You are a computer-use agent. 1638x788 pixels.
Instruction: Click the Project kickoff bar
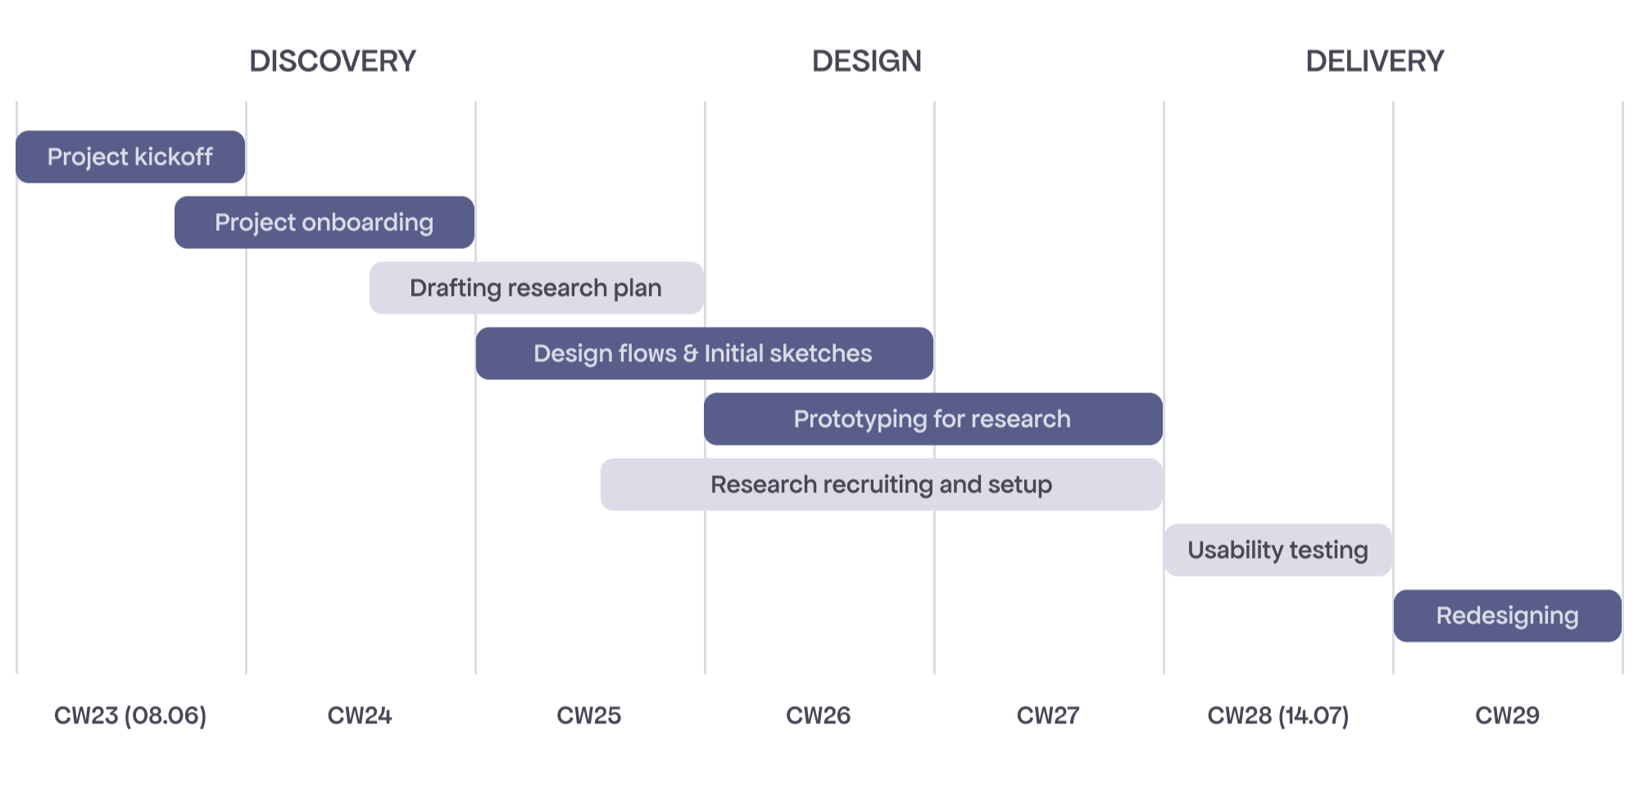click(x=130, y=156)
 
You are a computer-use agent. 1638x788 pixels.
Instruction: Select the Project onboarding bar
click(x=324, y=222)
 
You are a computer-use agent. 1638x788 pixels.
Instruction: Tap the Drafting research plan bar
click(x=537, y=288)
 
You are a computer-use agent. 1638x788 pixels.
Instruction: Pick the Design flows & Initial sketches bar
click(x=704, y=353)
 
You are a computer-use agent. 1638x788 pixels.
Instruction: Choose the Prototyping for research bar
click(x=932, y=419)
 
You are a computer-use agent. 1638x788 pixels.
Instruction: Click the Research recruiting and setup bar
click(x=881, y=484)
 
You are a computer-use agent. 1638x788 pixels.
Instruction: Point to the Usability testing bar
click(x=1277, y=550)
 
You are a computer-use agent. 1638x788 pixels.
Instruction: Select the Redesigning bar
click(x=1507, y=615)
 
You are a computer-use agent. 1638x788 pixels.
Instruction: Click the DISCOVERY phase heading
click(x=333, y=61)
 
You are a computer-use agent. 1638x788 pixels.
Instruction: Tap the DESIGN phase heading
click(x=867, y=61)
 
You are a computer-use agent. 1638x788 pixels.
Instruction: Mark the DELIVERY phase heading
click(x=1375, y=61)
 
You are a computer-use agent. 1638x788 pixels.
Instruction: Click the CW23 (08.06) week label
click(x=130, y=716)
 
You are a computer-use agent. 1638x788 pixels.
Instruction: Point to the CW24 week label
click(x=360, y=716)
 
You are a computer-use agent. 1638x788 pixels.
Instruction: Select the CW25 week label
click(x=589, y=716)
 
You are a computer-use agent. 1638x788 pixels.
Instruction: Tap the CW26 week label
click(x=819, y=716)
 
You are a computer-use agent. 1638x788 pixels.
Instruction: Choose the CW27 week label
click(x=1048, y=716)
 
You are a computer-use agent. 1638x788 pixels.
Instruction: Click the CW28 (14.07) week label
click(x=1278, y=716)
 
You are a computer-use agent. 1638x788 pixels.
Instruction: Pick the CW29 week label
click(x=1508, y=716)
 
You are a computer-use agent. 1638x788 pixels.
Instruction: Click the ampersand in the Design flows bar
click(x=691, y=354)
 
